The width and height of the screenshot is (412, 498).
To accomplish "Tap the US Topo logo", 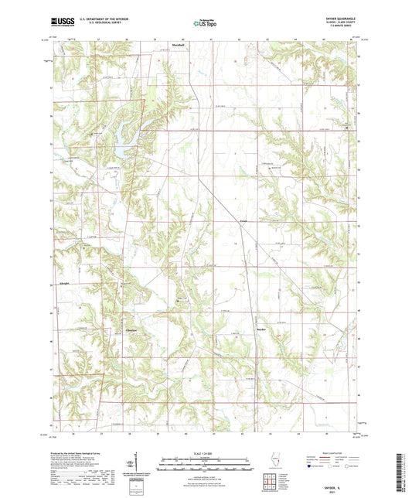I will coord(204,23).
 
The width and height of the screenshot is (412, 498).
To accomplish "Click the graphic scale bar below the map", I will coord(205,460).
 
